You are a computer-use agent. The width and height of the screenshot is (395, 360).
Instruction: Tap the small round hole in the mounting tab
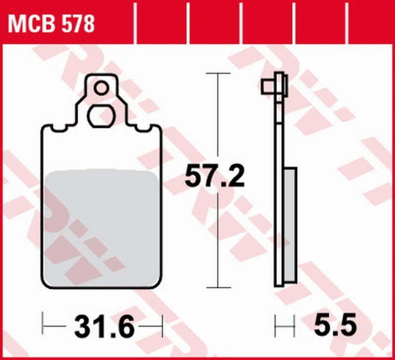coord(101,88)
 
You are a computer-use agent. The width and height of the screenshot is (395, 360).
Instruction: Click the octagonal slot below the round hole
coord(101,117)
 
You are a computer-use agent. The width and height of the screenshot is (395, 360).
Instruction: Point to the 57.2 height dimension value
coord(214,176)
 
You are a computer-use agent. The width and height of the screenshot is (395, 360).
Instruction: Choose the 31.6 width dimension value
coord(104,326)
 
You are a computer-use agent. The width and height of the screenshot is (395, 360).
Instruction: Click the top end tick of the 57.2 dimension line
coord(218,73)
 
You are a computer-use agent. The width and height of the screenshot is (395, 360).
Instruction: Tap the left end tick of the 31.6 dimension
coord(43,326)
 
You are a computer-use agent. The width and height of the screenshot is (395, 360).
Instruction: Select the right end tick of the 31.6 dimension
coord(161,326)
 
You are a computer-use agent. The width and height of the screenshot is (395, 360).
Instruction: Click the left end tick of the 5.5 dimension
coord(276,326)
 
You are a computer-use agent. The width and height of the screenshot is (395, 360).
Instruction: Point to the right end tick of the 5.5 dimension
coord(294,326)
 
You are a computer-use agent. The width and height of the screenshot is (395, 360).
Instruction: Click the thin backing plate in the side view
coord(279,148)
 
